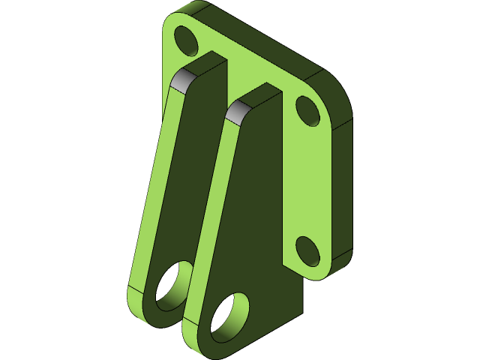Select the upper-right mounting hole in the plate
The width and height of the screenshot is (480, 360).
point(307,109)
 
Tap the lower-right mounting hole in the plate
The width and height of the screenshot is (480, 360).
point(307,250)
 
